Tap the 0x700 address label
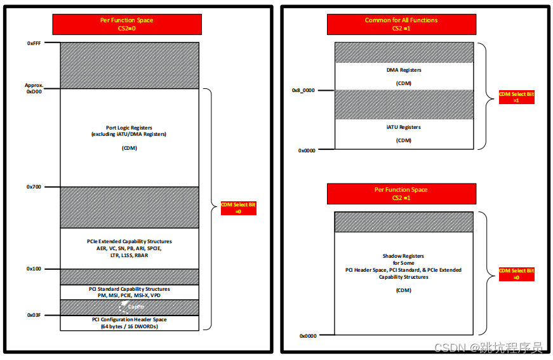[x=34, y=187]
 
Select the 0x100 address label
[x=34, y=269]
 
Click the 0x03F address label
[x=34, y=315]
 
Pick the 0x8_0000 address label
[x=303, y=90]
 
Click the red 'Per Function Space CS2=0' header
[x=127, y=24]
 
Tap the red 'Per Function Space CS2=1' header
[x=401, y=194]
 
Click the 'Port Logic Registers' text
[x=129, y=128]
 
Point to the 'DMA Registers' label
[x=404, y=70]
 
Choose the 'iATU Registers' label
[x=404, y=128]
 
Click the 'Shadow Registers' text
[x=404, y=256]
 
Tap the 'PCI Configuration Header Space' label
[x=129, y=319]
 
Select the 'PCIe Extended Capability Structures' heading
[x=129, y=241]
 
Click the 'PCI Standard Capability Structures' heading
[x=129, y=290]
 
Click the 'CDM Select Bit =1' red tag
[x=516, y=97]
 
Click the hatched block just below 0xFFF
[x=129, y=65]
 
